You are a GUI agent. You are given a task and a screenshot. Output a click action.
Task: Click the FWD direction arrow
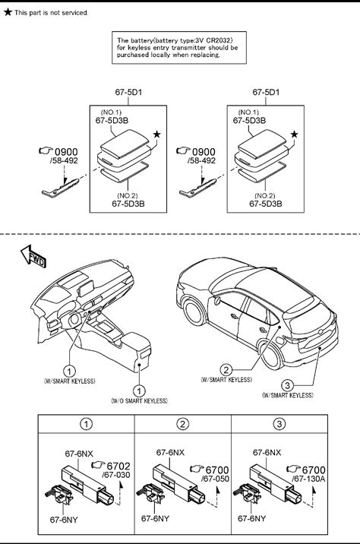pyautogui.click(x=33, y=256)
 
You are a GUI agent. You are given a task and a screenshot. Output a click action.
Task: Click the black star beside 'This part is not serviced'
pyautogui.click(x=8, y=12)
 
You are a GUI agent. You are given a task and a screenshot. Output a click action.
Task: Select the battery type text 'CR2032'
pyautogui.click(x=220, y=40)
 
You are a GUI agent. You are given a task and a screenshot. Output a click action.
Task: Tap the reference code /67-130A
pyautogui.click(x=308, y=479)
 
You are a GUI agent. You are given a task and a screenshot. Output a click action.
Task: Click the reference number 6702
pyautogui.click(x=118, y=466)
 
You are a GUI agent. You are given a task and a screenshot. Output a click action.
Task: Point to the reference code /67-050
pyautogui.click(x=215, y=479)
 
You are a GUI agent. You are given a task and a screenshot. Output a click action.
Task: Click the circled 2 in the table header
pyautogui.click(x=183, y=424)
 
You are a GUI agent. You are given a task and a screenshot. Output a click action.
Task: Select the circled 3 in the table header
pyautogui.click(x=279, y=424)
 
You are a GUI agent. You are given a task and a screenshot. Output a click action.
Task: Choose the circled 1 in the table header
pyautogui.click(x=86, y=424)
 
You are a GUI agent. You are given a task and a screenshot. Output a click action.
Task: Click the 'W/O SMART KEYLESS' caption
pyautogui.click(x=140, y=400)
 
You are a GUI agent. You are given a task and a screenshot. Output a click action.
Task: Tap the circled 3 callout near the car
pyautogui.click(x=287, y=385)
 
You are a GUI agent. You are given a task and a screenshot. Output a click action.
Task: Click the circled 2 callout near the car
pyautogui.click(x=226, y=370)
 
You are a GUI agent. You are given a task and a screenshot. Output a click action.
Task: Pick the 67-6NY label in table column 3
pyautogui.click(x=251, y=518)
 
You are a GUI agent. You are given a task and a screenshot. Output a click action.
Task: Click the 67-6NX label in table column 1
pyautogui.click(x=79, y=454)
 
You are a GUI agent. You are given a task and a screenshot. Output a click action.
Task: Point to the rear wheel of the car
pyautogui.click(x=272, y=354)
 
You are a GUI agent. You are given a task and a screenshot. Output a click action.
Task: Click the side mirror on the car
pyautogui.click(x=217, y=300)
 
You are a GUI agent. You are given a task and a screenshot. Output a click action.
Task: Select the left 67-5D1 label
pyautogui.click(x=128, y=92)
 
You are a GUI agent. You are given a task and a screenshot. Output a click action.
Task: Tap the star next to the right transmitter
pyautogui.click(x=294, y=134)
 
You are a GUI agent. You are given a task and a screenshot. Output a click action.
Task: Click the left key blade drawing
pyautogui.click(x=60, y=188)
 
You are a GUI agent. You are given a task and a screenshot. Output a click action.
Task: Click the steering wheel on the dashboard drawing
pyautogui.click(x=74, y=320)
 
